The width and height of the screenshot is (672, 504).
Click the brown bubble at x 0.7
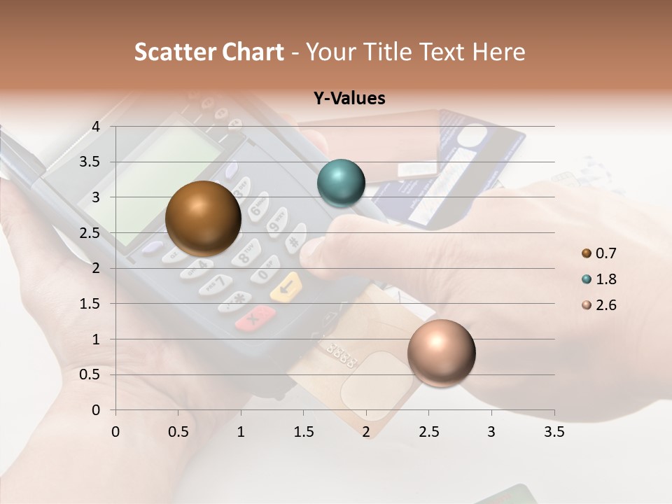[203, 218]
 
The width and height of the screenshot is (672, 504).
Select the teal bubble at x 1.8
[341, 183]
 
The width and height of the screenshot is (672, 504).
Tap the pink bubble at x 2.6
[441, 353]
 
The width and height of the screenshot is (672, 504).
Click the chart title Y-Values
[349, 99]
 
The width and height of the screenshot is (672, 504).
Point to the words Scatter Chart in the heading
[209, 52]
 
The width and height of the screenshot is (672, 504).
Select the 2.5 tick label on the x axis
[428, 432]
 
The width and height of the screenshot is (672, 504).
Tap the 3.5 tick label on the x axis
[554, 432]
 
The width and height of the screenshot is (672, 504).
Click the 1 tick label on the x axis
[241, 432]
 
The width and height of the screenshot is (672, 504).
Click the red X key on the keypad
[254, 318]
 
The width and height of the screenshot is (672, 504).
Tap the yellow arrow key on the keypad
[286, 287]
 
